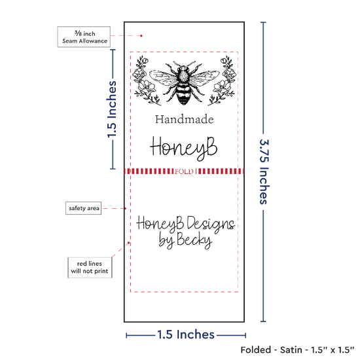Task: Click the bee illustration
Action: coord(184,82)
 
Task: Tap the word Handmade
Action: coord(184,119)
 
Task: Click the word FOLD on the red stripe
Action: coord(184,171)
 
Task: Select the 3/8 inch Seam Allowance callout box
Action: coord(84,37)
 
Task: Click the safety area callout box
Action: coord(84,208)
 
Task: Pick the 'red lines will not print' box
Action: coord(90,268)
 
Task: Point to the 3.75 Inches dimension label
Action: coord(264,171)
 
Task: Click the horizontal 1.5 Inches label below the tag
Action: coord(186,334)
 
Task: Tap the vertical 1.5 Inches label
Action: coord(112,109)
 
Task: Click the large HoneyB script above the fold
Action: coord(184,148)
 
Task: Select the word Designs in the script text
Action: coord(211,224)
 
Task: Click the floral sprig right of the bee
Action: coord(221,81)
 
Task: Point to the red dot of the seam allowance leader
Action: coord(141,36)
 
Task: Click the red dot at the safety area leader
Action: coord(126,208)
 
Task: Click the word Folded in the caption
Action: coord(256,350)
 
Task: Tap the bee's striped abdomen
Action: coord(184,95)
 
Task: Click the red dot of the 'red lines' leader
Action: coord(128,243)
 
